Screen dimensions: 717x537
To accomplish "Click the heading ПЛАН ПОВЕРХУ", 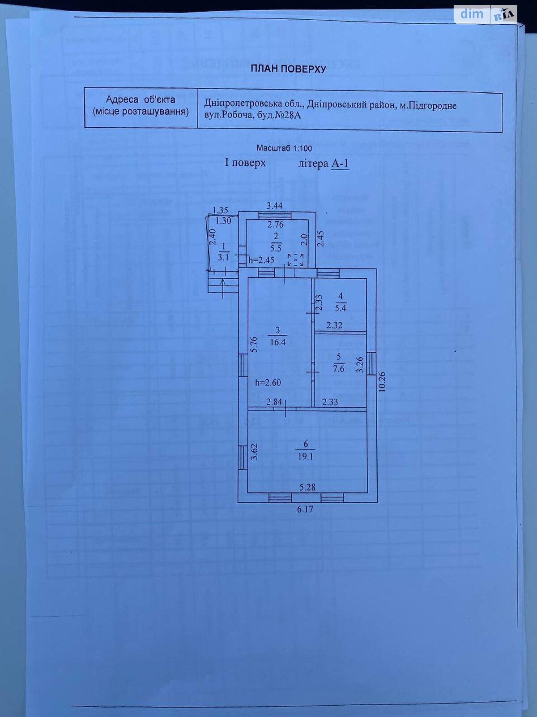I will (288, 69).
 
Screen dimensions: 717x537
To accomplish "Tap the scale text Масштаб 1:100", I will (284, 148).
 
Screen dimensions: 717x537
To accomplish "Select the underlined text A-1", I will (340, 164).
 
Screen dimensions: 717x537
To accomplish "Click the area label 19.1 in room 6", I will (306, 457).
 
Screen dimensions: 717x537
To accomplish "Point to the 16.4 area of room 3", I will (277, 342).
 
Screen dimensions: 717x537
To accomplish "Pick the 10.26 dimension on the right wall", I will (381, 382).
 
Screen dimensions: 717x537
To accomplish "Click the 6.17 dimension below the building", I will (305, 509).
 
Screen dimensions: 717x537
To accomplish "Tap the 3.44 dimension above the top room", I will (274, 206).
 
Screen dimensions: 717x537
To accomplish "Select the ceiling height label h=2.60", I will (268, 383).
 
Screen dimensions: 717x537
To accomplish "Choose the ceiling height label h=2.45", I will (261, 260).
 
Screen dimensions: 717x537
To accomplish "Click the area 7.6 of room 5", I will (339, 368).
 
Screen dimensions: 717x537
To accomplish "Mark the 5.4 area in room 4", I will (341, 308).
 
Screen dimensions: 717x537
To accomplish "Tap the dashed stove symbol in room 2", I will (295, 259).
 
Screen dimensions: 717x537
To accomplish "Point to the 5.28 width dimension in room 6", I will (307, 487).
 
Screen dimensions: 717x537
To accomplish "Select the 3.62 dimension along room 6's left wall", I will (254, 452).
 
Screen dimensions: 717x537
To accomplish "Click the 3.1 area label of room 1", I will (223, 257).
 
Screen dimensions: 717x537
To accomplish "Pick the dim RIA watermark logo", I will (486, 14).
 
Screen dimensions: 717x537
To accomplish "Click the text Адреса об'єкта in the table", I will (141, 99).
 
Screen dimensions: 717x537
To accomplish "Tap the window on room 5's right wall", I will (371, 363).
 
